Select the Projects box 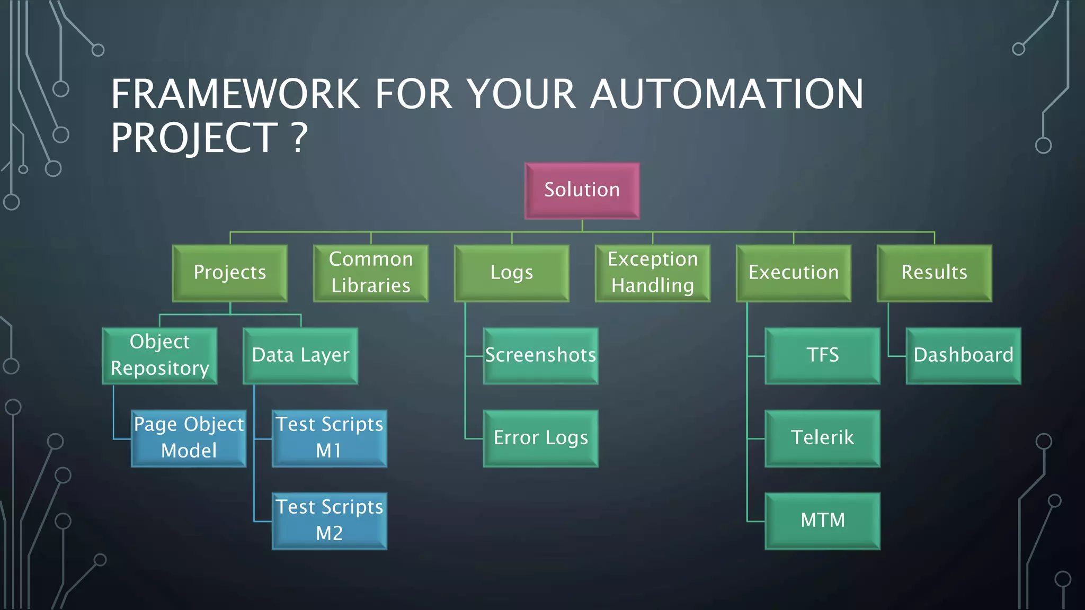coord(230,273)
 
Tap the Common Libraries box coord(371,273)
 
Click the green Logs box coord(512,273)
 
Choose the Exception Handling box coord(653,273)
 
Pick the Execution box coord(794,273)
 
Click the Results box coord(935,273)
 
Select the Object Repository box coord(159,356)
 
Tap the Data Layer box coord(300,356)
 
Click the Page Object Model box coord(189,438)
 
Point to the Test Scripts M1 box coord(330,438)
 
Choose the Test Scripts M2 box coord(330,521)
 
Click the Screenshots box coord(541,356)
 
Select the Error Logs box coord(541,438)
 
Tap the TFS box coord(823,356)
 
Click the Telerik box coord(823,438)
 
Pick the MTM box coord(823,521)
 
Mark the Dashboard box coord(964,356)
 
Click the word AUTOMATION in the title coord(727,94)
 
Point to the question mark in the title coord(300,138)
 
